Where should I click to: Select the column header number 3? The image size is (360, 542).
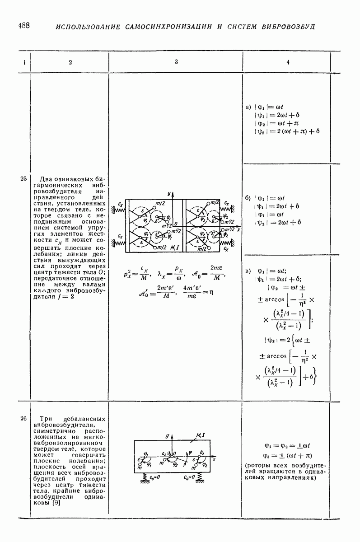tap(176, 62)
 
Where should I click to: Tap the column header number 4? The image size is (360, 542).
tap(288, 62)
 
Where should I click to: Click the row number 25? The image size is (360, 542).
tap(23, 179)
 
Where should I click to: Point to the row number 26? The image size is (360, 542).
tap(23, 418)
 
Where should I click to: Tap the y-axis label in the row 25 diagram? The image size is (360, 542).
tap(168, 193)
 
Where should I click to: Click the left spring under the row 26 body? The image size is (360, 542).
tap(145, 477)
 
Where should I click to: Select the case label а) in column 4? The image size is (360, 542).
tap(248, 107)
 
